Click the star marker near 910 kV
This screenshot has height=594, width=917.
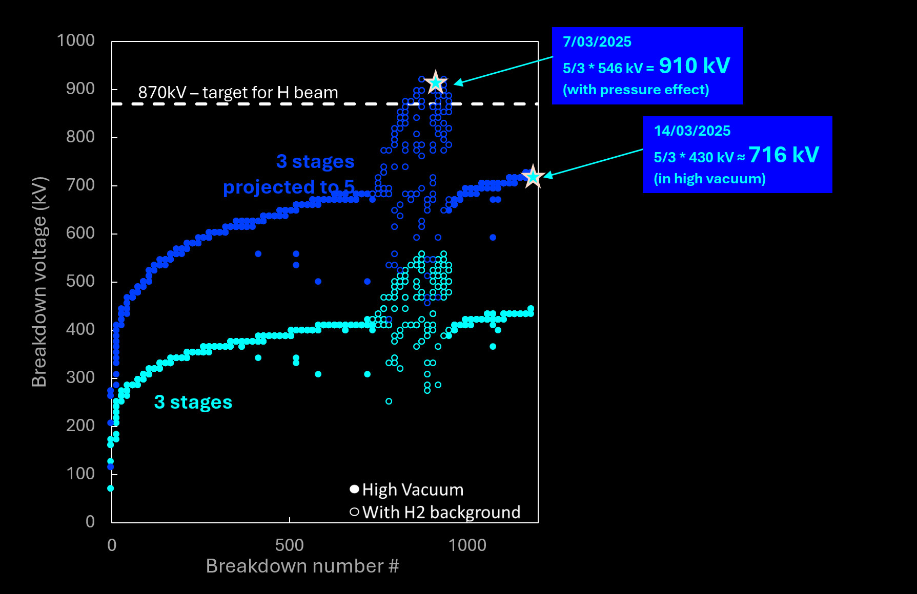[436, 82]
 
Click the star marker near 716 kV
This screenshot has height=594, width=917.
[533, 176]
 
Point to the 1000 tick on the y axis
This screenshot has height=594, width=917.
[76, 40]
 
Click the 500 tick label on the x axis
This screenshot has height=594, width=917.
[289, 545]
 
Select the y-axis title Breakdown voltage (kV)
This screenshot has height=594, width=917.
[39, 281]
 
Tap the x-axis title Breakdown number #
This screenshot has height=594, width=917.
[302, 566]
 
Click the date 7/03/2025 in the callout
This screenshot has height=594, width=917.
[597, 42]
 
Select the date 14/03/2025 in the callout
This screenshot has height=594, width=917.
[692, 131]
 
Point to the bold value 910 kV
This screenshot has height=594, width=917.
[695, 66]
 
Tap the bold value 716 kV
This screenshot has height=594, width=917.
[784, 155]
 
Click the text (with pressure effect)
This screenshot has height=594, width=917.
[636, 90]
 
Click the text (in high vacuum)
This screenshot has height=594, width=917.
[709, 179]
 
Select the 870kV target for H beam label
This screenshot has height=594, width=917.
[238, 93]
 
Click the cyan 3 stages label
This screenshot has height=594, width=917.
[193, 402]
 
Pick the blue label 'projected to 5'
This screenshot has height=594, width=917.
[289, 187]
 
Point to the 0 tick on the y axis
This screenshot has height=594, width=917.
[90, 521]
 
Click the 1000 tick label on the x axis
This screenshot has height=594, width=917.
[467, 545]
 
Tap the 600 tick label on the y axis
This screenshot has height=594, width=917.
[80, 233]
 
